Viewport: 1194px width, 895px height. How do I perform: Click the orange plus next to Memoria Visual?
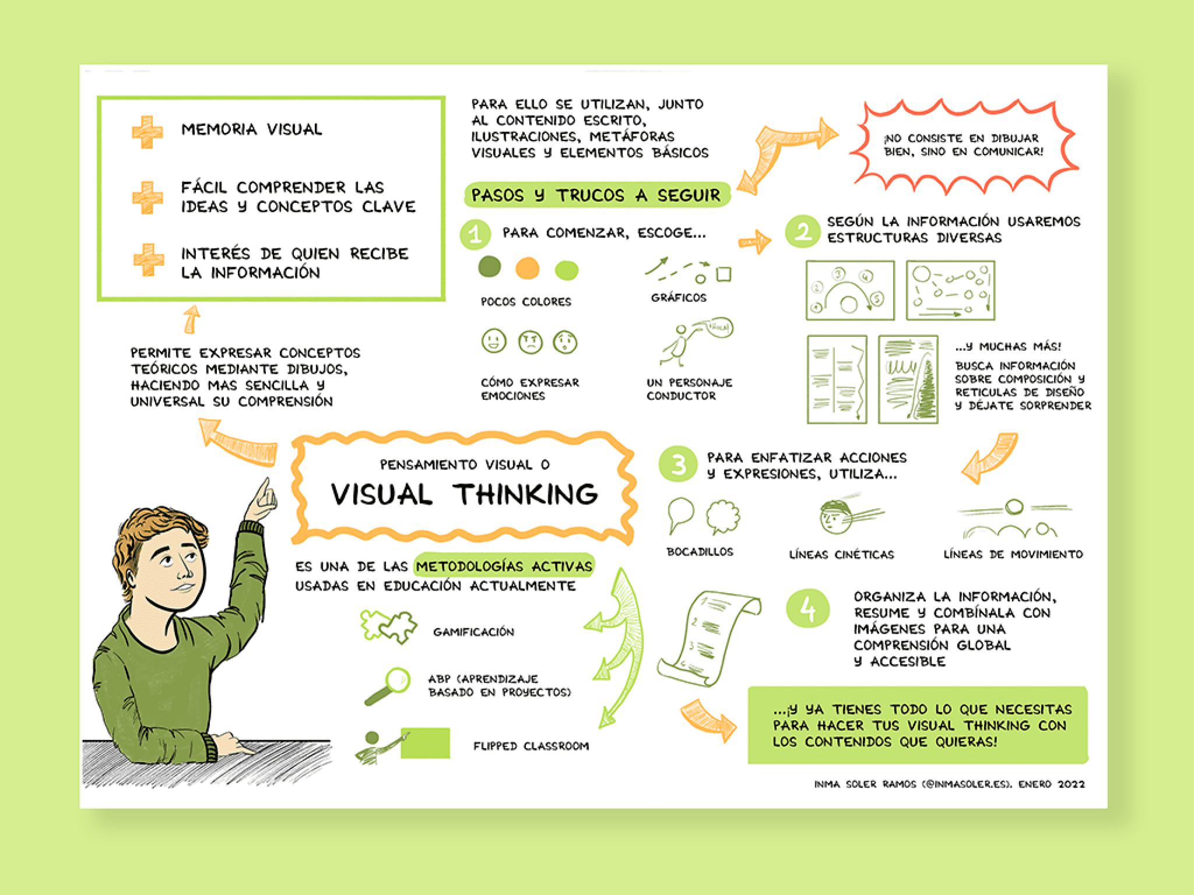tap(146, 132)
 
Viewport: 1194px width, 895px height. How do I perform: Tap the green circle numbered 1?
tap(476, 235)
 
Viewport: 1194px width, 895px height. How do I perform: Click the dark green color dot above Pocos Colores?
tap(489, 266)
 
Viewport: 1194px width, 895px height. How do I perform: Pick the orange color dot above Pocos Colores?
tap(528, 269)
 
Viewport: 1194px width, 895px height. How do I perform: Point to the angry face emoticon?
tap(530, 342)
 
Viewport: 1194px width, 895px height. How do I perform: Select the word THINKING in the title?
tap(526, 494)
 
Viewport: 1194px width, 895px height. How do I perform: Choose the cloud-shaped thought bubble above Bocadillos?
tap(723, 517)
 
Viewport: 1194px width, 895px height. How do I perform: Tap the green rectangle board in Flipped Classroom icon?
tap(426, 742)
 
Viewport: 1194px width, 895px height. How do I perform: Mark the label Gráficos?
tap(679, 298)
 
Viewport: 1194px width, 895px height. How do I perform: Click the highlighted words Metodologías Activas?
tap(504, 566)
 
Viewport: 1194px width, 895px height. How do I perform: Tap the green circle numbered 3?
tap(678, 465)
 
